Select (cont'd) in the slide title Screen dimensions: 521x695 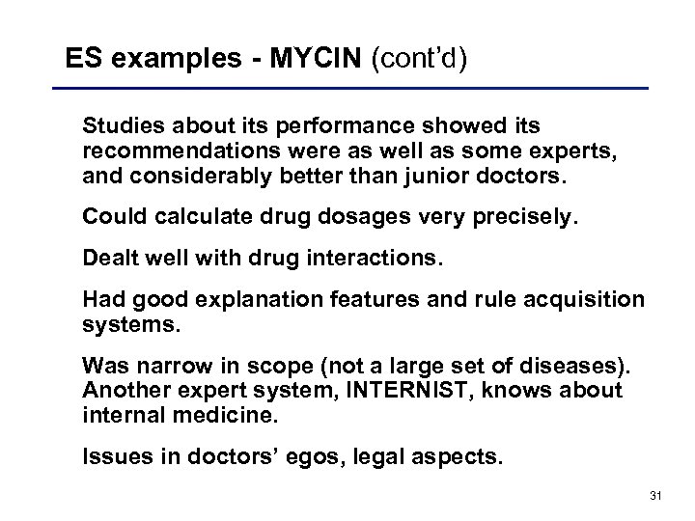pyautogui.click(x=417, y=60)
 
